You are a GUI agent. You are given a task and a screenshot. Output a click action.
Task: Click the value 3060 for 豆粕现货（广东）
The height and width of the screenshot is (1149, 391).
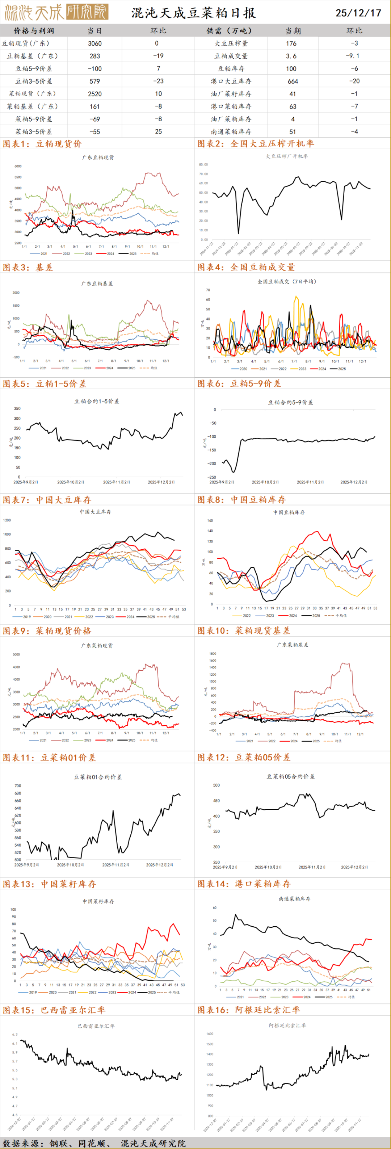tap(94, 43)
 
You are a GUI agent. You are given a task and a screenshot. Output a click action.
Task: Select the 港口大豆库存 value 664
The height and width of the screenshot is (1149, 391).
tap(293, 81)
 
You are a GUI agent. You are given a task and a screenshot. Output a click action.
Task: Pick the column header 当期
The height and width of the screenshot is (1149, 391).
tap(293, 31)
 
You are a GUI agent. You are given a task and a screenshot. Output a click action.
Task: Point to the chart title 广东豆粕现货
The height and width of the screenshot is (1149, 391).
tap(98, 158)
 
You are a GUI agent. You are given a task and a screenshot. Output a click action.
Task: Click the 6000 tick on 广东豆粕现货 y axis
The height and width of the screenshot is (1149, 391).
tap(18, 166)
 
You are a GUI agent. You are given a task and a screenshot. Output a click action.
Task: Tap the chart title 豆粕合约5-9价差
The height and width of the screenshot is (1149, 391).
tap(290, 402)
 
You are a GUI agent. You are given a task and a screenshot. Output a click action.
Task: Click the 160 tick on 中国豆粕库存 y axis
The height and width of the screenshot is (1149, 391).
tap(210, 520)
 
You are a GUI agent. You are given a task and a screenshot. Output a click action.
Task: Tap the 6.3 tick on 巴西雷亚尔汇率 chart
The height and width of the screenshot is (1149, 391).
tap(15, 1034)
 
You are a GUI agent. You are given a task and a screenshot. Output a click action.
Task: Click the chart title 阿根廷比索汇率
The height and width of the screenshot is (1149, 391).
tap(287, 1026)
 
